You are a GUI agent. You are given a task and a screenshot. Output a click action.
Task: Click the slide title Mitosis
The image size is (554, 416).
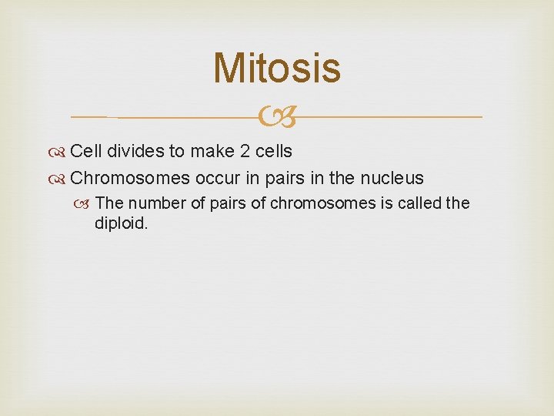[277, 68]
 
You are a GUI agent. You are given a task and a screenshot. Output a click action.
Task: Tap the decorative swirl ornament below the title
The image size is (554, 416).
[276, 118]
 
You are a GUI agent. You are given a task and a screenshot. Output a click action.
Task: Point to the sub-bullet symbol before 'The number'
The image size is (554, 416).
[86, 203]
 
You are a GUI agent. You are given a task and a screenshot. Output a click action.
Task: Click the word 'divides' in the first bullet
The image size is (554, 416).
[132, 151]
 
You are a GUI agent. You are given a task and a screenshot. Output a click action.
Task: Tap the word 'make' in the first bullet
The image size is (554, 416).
[205, 151]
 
